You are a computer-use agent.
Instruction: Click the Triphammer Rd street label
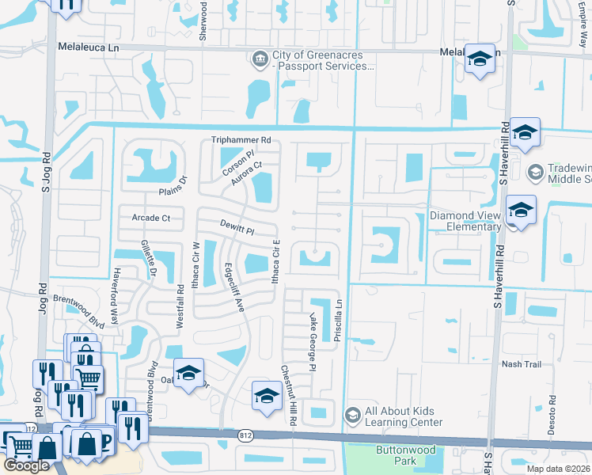pos(241,140)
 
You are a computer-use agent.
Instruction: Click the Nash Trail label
pos(521,364)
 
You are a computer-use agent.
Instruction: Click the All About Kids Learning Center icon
pos(353,416)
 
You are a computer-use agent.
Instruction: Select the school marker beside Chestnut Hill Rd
pos(267,395)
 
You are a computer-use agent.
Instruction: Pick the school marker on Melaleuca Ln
pos(479,60)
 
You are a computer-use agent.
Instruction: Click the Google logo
pos(26,465)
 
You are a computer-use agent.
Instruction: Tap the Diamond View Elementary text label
pos(466,221)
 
